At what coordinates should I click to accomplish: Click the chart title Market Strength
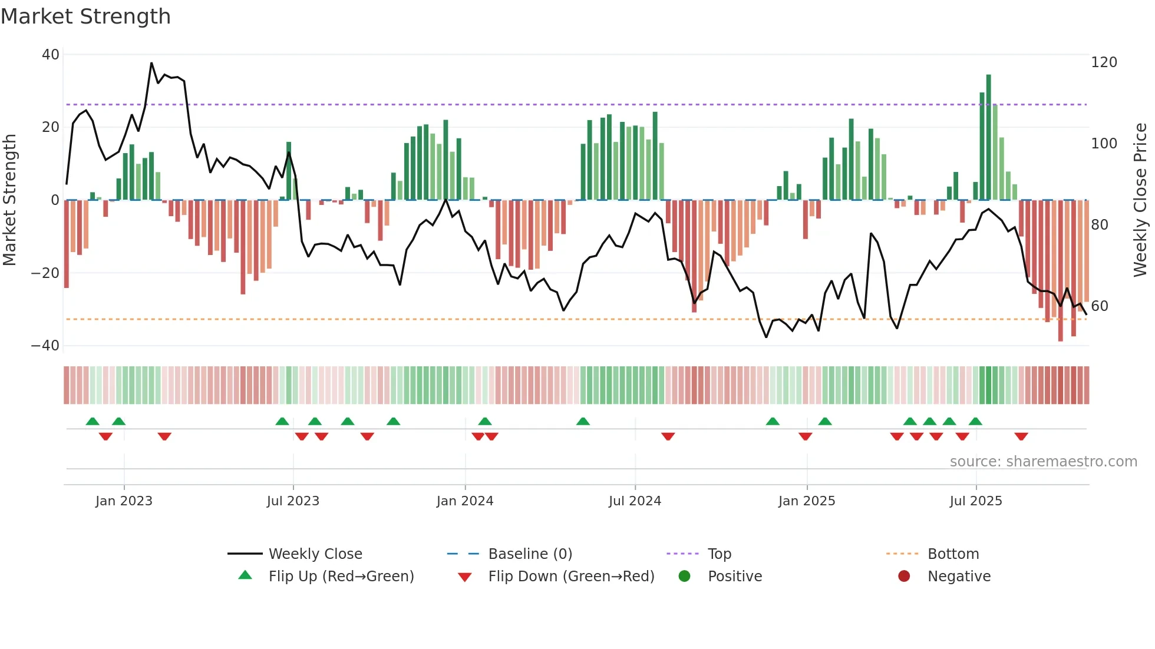(x=85, y=16)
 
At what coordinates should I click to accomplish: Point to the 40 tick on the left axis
(x=51, y=55)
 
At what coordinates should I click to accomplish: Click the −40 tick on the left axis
(x=45, y=346)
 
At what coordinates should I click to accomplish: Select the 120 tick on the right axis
(x=1104, y=62)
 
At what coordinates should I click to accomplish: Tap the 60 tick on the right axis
(x=1100, y=306)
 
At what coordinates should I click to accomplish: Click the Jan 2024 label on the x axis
(x=465, y=501)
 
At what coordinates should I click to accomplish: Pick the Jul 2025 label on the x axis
(x=976, y=501)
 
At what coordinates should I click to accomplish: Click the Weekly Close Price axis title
(x=1141, y=200)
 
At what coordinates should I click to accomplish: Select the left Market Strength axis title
(x=9, y=200)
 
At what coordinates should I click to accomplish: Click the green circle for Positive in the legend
(x=684, y=576)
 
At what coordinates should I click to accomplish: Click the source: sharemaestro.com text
(x=1043, y=462)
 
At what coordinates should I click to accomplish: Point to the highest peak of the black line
(x=151, y=63)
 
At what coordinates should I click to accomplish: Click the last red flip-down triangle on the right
(x=1021, y=436)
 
